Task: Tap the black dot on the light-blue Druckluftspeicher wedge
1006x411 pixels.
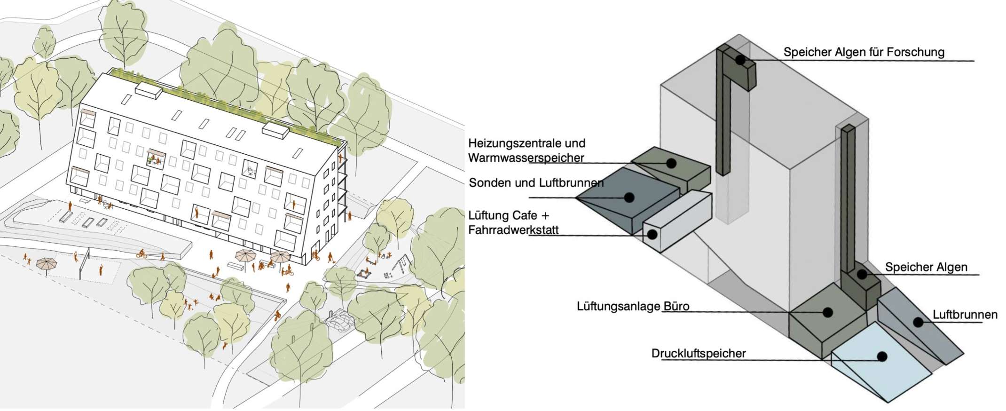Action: pyautogui.click(x=882, y=356)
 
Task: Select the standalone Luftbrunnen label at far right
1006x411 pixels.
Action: pyautogui.click(x=965, y=315)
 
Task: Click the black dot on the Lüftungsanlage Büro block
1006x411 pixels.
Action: pyautogui.click(x=827, y=312)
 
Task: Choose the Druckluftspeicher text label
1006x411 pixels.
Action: pyautogui.click(x=699, y=353)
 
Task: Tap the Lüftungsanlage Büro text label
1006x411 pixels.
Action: pyautogui.click(x=633, y=307)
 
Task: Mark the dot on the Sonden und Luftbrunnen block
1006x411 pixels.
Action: pyautogui.click(x=629, y=198)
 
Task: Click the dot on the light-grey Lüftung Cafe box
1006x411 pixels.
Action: pyautogui.click(x=652, y=234)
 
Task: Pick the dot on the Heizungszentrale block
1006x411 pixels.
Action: pyautogui.click(x=672, y=163)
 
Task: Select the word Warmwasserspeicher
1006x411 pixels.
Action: pyautogui.click(x=526, y=158)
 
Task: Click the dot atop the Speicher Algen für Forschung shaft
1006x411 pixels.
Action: pyautogui.click(x=740, y=60)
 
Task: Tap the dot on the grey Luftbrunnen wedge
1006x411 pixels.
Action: pyautogui.click(x=917, y=322)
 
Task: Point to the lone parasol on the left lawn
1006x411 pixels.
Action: pyautogui.click(x=46, y=263)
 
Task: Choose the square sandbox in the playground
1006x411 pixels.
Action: pyautogui.click(x=365, y=273)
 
